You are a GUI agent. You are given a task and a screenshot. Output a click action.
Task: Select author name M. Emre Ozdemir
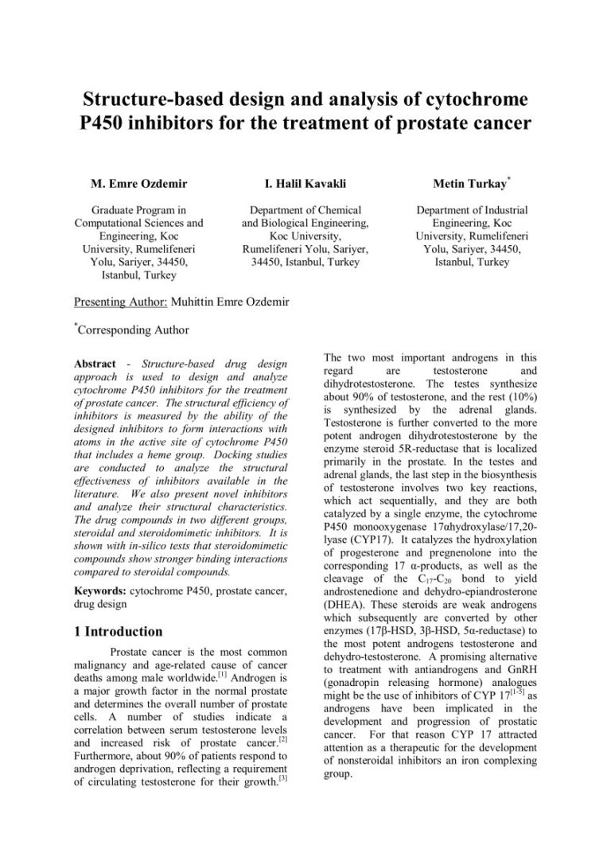139,184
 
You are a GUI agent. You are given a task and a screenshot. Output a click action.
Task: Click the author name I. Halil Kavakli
305,184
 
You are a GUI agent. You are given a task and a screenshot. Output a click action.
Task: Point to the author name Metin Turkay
469,184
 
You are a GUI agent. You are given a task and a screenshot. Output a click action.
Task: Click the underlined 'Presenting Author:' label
121,302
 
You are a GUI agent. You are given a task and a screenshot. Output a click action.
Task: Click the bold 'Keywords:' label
101,591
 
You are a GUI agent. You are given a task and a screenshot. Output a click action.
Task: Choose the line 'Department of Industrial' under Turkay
472,211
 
